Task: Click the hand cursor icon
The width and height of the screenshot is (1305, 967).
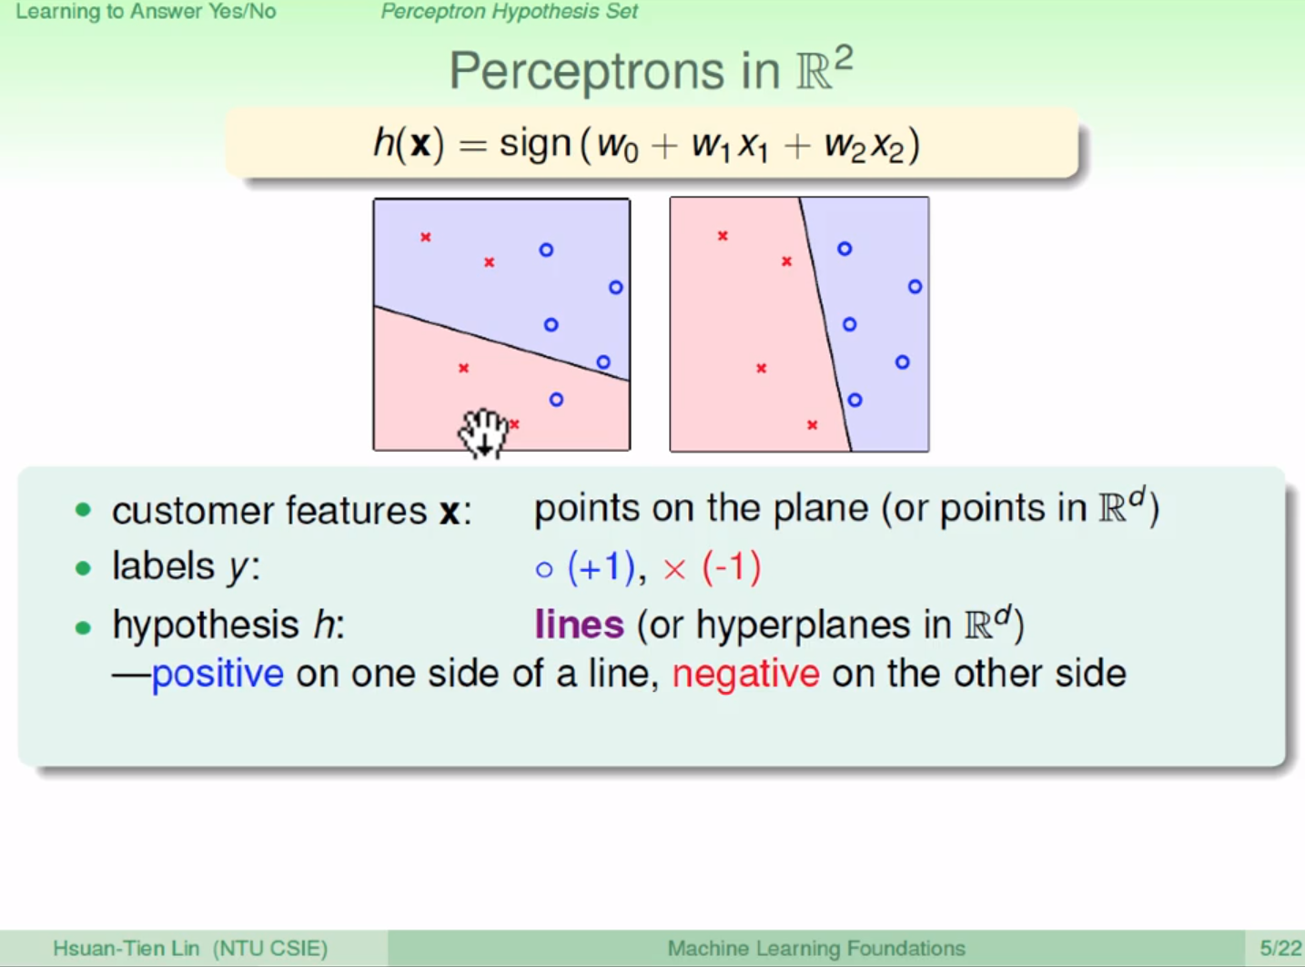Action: pyautogui.click(x=483, y=433)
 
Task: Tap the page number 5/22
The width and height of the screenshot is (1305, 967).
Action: pyautogui.click(x=1280, y=948)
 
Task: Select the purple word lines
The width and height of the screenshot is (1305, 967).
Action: pyautogui.click(x=579, y=625)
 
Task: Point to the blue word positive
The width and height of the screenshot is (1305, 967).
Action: pyautogui.click(x=217, y=674)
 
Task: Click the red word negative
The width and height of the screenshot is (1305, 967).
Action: pyautogui.click(x=745, y=675)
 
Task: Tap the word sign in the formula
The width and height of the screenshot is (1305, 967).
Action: pyautogui.click(x=535, y=145)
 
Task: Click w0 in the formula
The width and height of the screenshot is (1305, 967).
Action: pyautogui.click(x=617, y=146)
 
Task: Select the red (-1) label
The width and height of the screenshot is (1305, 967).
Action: pyautogui.click(x=732, y=567)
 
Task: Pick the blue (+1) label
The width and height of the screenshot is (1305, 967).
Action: pyautogui.click(x=601, y=567)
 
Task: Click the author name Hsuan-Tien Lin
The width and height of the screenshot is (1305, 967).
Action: pyautogui.click(x=126, y=948)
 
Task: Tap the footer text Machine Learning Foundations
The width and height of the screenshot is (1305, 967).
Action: pyautogui.click(x=816, y=948)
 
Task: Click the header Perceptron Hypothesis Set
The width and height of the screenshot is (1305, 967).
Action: pyautogui.click(x=509, y=11)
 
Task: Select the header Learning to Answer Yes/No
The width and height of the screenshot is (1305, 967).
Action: pyautogui.click(x=146, y=11)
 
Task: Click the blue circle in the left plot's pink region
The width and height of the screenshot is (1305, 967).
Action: pyautogui.click(x=556, y=400)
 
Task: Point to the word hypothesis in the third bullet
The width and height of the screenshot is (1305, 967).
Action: pyautogui.click(x=206, y=626)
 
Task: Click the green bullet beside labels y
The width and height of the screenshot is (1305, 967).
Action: pyautogui.click(x=84, y=568)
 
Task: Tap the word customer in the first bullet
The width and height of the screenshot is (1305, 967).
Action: pyautogui.click(x=192, y=510)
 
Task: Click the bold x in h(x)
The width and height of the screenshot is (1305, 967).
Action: pyautogui.click(x=420, y=145)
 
